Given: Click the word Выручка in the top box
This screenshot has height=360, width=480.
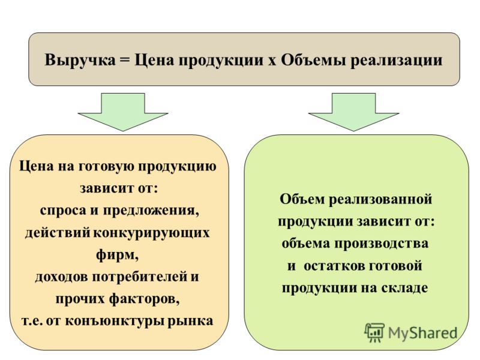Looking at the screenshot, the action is tap(80, 60).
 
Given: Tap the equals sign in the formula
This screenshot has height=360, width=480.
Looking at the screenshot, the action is tap(125, 60).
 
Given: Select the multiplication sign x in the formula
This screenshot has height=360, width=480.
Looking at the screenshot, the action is tap(272, 61).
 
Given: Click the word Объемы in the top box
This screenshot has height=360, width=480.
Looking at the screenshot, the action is tap(314, 60).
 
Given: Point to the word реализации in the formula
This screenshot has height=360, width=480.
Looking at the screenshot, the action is tap(397, 61).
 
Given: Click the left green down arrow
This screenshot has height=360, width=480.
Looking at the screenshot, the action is tap(123, 112).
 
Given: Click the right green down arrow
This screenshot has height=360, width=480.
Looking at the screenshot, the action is tap(353, 112).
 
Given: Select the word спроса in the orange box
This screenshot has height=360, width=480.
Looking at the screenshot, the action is tap(63, 211).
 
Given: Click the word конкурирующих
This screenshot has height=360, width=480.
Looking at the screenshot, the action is tap(151, 233).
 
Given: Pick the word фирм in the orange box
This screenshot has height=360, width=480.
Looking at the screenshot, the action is tap(115, 255).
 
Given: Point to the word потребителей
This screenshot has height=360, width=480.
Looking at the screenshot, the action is tap(140, 277).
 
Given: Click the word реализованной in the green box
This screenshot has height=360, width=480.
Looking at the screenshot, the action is tap(380, 199).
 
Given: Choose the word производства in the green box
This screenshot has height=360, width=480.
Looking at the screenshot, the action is tap(381, 244).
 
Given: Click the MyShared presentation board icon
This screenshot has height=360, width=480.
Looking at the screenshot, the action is tap(374, 332).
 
